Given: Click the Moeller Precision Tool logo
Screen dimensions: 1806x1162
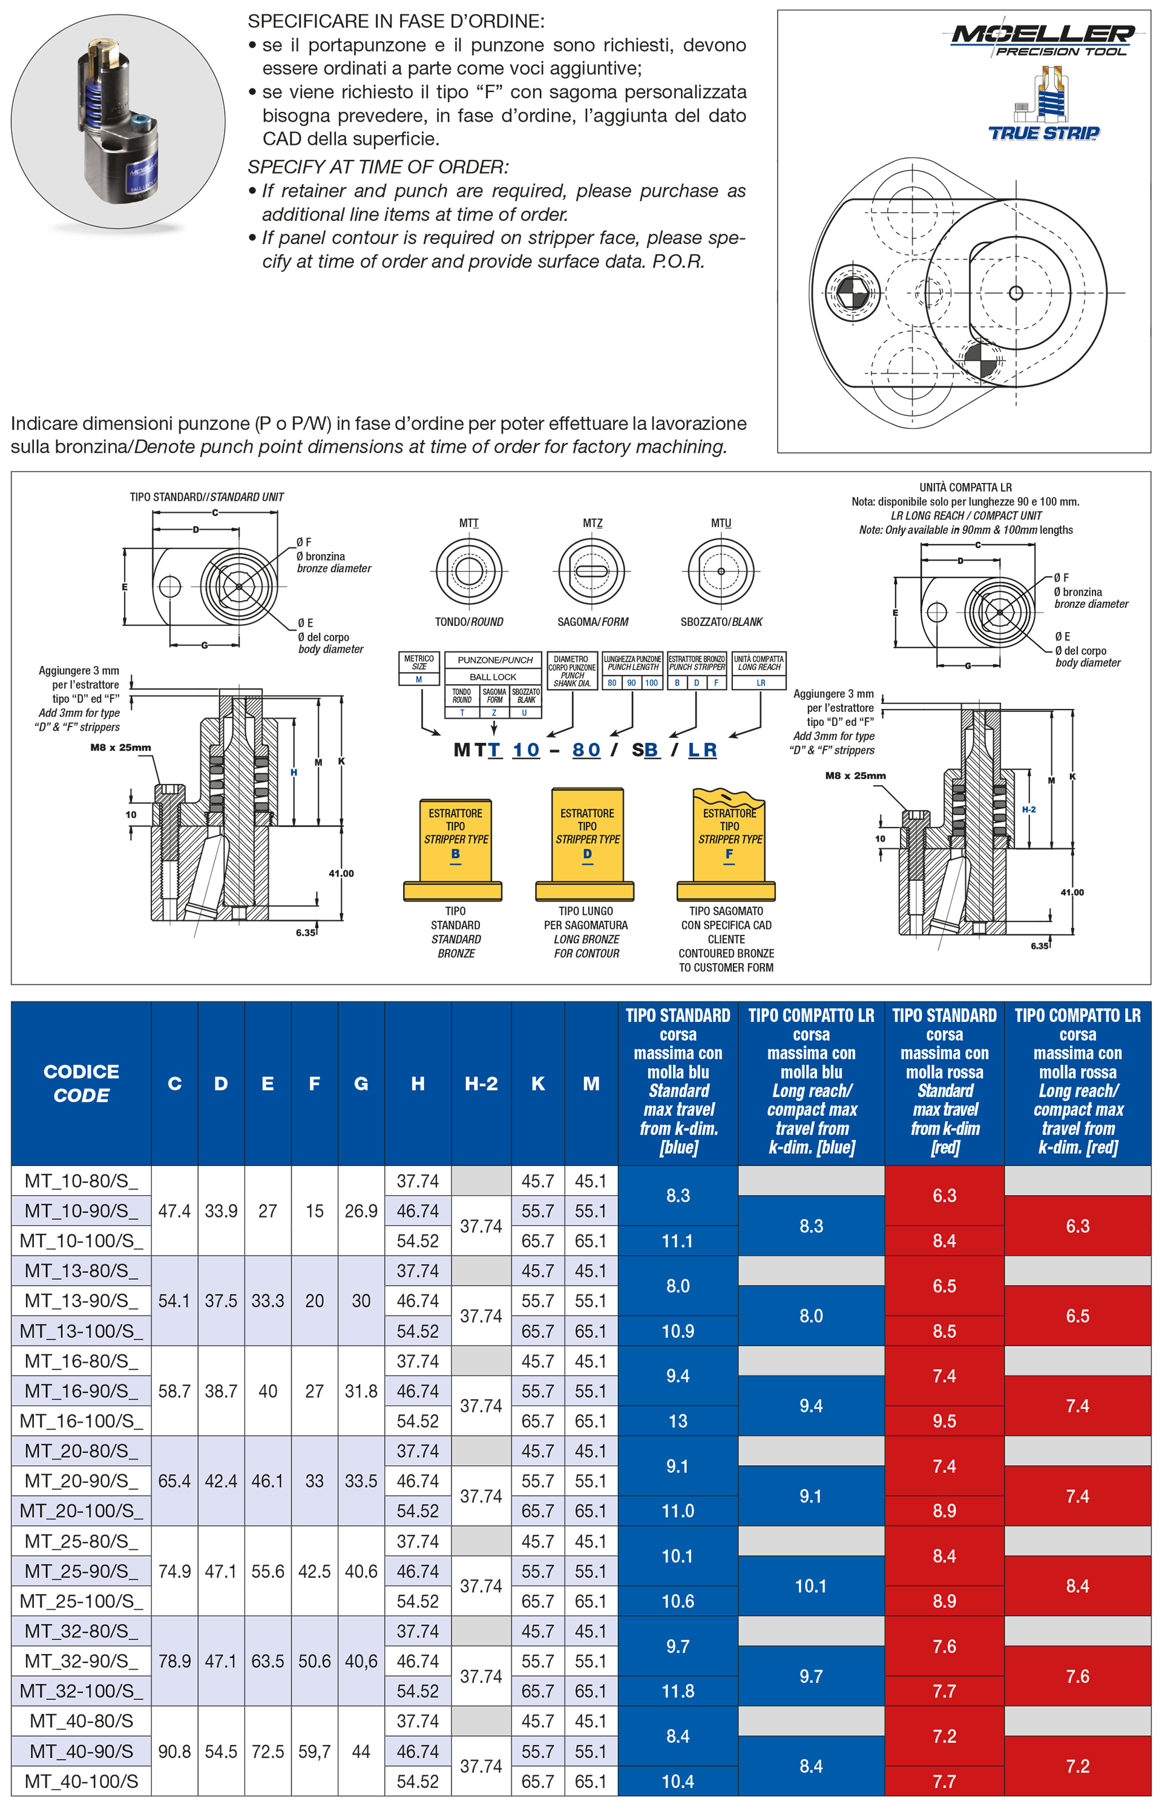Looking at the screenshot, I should [x=1042, y=39].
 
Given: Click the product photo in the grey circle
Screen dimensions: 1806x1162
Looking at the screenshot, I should [x=117, y=120].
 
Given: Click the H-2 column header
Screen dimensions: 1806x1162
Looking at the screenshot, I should [x=481, y=1083].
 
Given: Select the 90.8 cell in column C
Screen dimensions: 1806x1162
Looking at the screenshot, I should [x=174, y=1751].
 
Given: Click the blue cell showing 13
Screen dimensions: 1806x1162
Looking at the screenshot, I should [x=678, y=1420].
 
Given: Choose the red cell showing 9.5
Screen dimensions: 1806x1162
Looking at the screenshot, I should [x=944, y=1420].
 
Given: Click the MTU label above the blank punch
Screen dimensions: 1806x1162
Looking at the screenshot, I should [x=721, y=523].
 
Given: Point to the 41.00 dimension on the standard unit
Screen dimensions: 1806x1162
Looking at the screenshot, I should [x=341, y=873].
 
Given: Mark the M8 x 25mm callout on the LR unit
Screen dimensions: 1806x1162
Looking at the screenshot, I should [x=855, y=775].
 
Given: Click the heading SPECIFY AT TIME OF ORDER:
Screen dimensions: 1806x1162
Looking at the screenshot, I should [x=378, y=166].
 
